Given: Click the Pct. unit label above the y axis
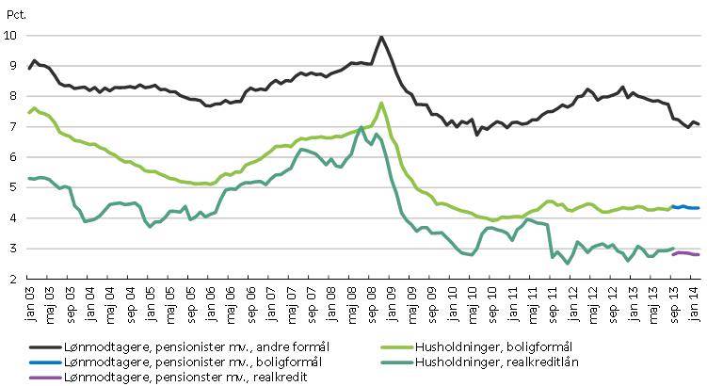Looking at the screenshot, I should (x=16, y=13).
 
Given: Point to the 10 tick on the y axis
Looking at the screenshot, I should (x=11, y=36).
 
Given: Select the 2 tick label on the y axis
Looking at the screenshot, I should (x=12, y=280).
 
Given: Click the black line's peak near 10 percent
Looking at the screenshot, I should (x=380, y=38).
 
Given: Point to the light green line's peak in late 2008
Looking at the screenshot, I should (x=380, y=103).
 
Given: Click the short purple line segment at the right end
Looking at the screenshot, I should (x=684, y=253).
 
